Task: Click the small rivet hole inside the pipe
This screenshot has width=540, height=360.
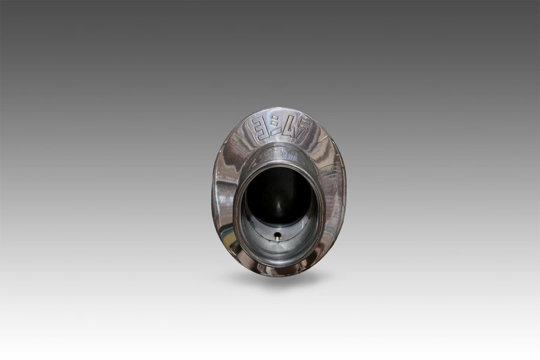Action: point(278,236)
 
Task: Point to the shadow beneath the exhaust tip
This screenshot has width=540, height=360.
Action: point(279,278)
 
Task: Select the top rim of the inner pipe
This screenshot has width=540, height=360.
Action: point(280,149)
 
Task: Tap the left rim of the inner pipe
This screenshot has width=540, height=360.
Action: point(236,207)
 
